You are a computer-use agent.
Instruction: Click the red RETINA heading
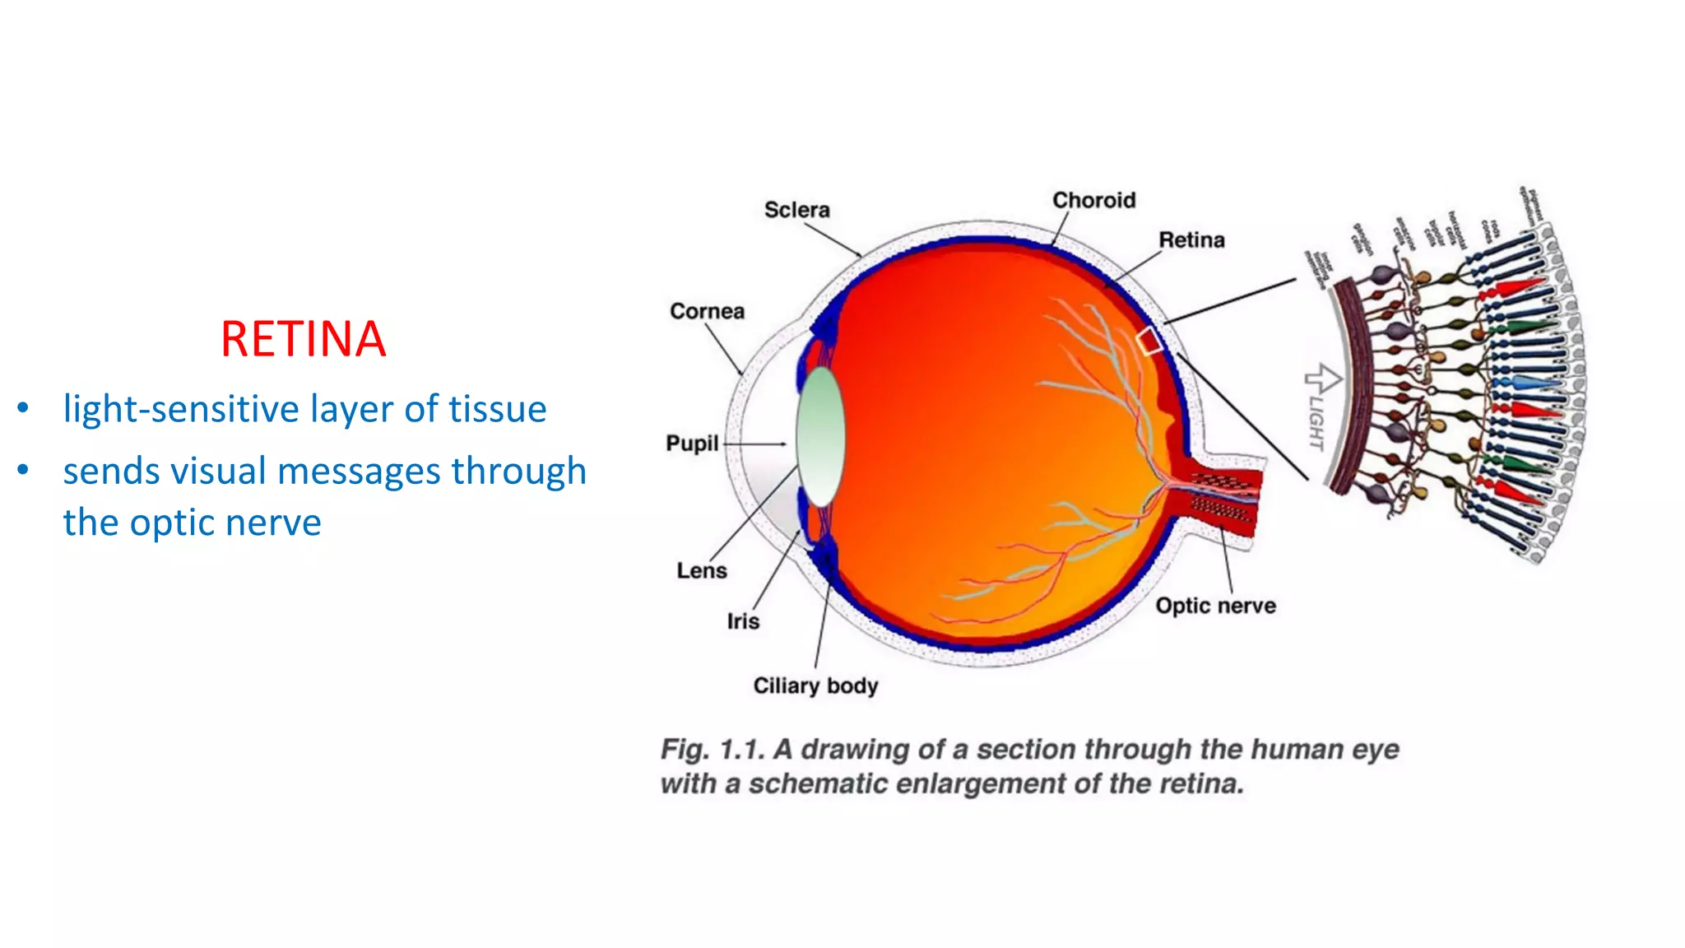click(303, 339)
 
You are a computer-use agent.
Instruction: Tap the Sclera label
click(796, 210)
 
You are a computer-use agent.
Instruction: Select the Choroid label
click(1093, 200)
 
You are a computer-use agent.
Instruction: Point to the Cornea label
click(707, 311)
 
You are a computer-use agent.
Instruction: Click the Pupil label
click(692, 444)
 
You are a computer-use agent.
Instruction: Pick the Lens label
click(702, 570)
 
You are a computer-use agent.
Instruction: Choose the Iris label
click(743, 621)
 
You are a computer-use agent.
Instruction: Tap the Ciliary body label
click(815, 685)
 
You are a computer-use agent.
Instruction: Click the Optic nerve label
click(1215, 606)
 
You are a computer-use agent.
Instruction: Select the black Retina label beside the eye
click(1191, 239)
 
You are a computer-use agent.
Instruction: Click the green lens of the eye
click(820, 436)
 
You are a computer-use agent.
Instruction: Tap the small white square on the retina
click(1149, 340)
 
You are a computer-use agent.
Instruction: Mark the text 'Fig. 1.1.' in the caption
click(713, 749)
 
